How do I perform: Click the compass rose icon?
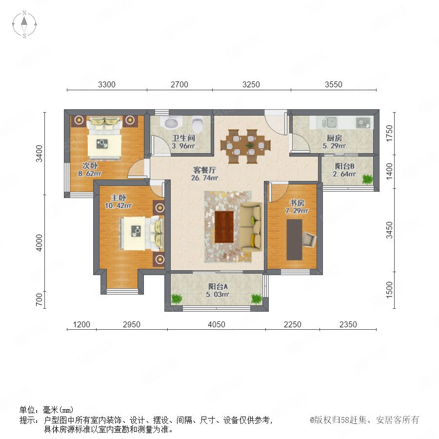pyautogui.click(x=24, y=24)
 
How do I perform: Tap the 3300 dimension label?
pyautogui.click(x=107, y=84)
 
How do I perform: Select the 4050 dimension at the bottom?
pyautogui.click(x=217, y=324)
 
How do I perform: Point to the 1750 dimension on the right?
pyautogui.click(x=389, y=133)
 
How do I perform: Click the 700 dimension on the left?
pyautogui.click(x=39, y=299)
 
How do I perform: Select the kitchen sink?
pyautogui.click(x=330, y=122)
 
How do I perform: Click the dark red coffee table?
pyautogui.click(x=224, y=227)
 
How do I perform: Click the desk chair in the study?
pyautogui.click(x=309, y=239)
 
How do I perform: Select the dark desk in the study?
pyautogui.click(x=294, y=239)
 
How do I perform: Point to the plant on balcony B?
pyautogui.click(x=367, y=179)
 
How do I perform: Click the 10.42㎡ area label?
pyautogui.click(x=119, y=205)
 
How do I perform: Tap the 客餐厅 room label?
pyautogui.click(x=205, y=170)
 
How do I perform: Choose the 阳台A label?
pyautogui.click(x=218, y=286)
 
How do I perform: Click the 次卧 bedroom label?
pyautogui.click(x=90, y=165)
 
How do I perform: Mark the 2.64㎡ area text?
pyautogui.click(x=344, y=174)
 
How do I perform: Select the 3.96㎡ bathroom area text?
pyautogui.click(x=183, y=146)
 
